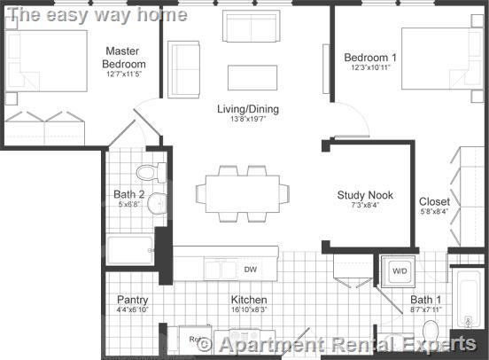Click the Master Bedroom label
pos(124,58)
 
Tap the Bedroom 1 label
pos(370,58)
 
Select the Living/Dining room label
pos(248,109)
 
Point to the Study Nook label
pos(365,195)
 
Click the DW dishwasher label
pos(251,269)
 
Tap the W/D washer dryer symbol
pos(399,270)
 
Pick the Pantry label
pos(133,300)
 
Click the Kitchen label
pos(249,300)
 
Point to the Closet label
pos(434,201)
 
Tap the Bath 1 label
pos(425,300)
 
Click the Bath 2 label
pos(128,194)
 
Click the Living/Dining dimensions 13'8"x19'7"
pos(248,120)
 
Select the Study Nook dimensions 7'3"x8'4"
pos(365,206)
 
